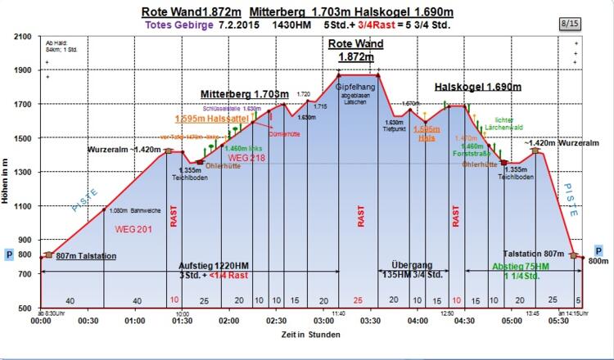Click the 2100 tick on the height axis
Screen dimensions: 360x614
(x=21, y=36)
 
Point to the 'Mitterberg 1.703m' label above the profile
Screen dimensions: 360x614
(x=245, y=94)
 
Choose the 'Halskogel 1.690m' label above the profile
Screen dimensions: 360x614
(x=478, y=86)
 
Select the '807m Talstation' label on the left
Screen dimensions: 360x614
(x=85, y=256)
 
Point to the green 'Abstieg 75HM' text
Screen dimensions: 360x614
(x=519, y=266)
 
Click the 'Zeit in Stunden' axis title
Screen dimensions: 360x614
(x=305, y=335)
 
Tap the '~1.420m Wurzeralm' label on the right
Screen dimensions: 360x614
(x=558, y=142)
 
